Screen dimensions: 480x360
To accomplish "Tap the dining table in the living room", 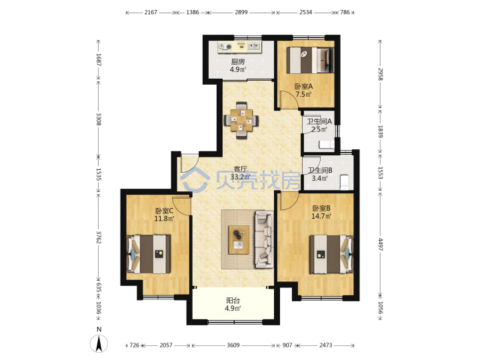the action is point(241,120).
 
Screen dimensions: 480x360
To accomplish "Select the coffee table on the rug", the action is point(239,240).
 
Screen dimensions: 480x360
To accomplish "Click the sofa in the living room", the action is point(264,239).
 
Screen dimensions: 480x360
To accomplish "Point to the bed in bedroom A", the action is point(310,60).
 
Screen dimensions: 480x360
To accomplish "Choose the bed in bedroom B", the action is point(331,254).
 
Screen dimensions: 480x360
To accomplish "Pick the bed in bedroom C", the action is point(149,254).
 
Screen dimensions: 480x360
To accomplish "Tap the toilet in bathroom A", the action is point(326,144).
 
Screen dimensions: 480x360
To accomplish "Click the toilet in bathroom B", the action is point(345,182).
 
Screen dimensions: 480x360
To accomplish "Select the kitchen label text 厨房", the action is point(238,62).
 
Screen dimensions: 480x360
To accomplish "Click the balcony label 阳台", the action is point(233,301).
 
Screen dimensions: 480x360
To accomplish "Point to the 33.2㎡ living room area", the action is point(240,177).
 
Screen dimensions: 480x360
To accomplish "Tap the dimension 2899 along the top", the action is point(241,12).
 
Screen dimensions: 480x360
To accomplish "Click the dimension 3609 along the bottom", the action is point(233,345).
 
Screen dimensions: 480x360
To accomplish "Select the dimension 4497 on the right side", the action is point(381,244).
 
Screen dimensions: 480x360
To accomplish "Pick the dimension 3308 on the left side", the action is point(99,119).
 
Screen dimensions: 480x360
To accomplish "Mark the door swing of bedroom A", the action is point(289,99).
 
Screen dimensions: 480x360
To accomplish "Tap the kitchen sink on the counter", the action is point(254,47).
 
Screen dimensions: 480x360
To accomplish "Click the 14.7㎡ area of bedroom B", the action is point(321,216).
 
